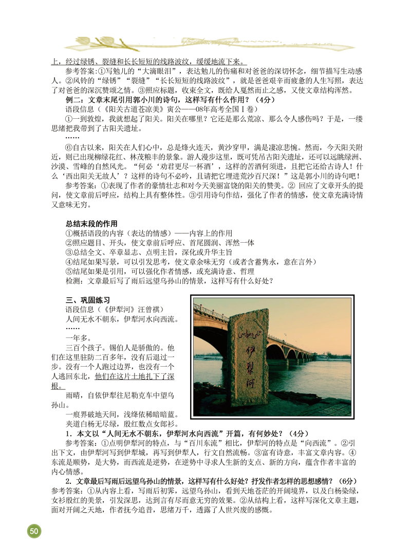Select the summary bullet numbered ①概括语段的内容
pyautogui.click(x=148, y=233)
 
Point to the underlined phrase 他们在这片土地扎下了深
pyautogui.click(x=135, y=376)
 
